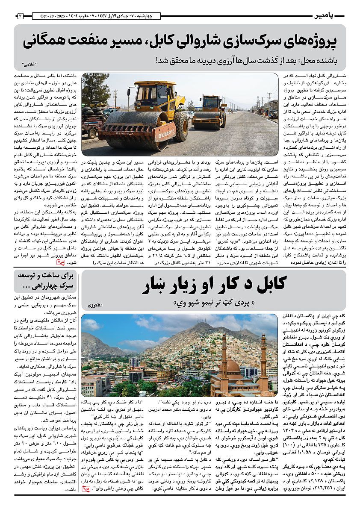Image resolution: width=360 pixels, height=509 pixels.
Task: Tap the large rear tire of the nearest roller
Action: [180, 127]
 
